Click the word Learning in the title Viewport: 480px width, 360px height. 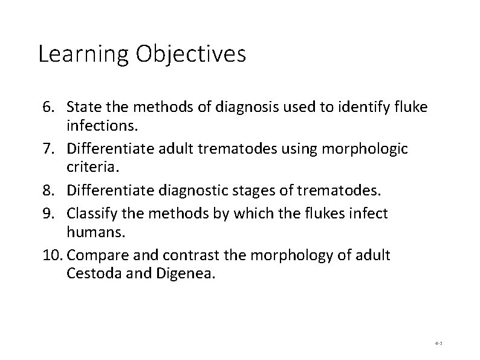(x=83, y=55)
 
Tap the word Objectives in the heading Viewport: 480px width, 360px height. (x=190, y=55)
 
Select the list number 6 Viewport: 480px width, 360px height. (x=48, y=108)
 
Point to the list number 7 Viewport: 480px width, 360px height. (x=48, y=148)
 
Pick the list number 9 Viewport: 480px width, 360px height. (x=48, y=214)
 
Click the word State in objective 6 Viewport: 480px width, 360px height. (x=83, y=108)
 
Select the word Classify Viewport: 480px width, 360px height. (x=91, y=214)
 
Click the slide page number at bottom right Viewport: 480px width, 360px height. (x=439, y=343)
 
